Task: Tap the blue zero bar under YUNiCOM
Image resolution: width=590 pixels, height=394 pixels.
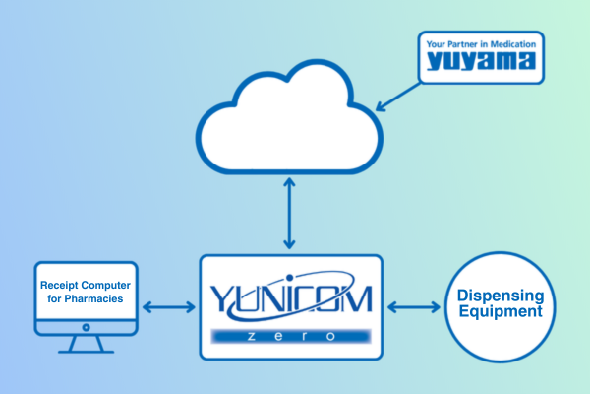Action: [288, 337]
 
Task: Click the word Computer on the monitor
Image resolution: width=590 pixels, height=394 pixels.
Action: [107, 285]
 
